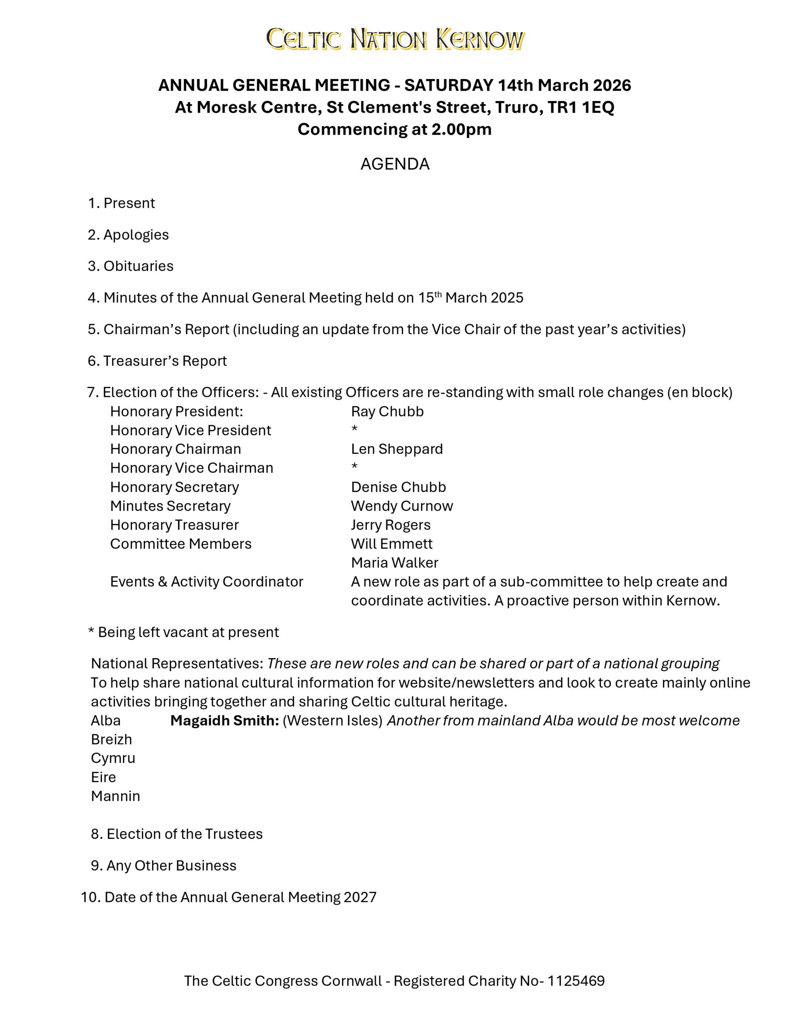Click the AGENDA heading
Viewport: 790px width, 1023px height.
point(395,164)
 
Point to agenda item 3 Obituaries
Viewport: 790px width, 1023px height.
point(131,266)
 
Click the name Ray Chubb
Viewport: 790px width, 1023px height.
point(387,411)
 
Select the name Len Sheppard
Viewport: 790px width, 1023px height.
point(397,449)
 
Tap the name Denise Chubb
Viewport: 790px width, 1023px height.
point(398,487)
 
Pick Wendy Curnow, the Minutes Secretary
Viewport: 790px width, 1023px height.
point(402,506)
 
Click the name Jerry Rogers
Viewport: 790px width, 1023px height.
point(391,525)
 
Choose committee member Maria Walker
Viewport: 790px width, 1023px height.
point(394,563)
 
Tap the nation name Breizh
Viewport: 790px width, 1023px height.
point(111,739)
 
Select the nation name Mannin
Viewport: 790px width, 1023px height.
point(115,796)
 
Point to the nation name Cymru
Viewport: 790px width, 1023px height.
point(113,758)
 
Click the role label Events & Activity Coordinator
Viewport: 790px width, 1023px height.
point(206,581)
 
